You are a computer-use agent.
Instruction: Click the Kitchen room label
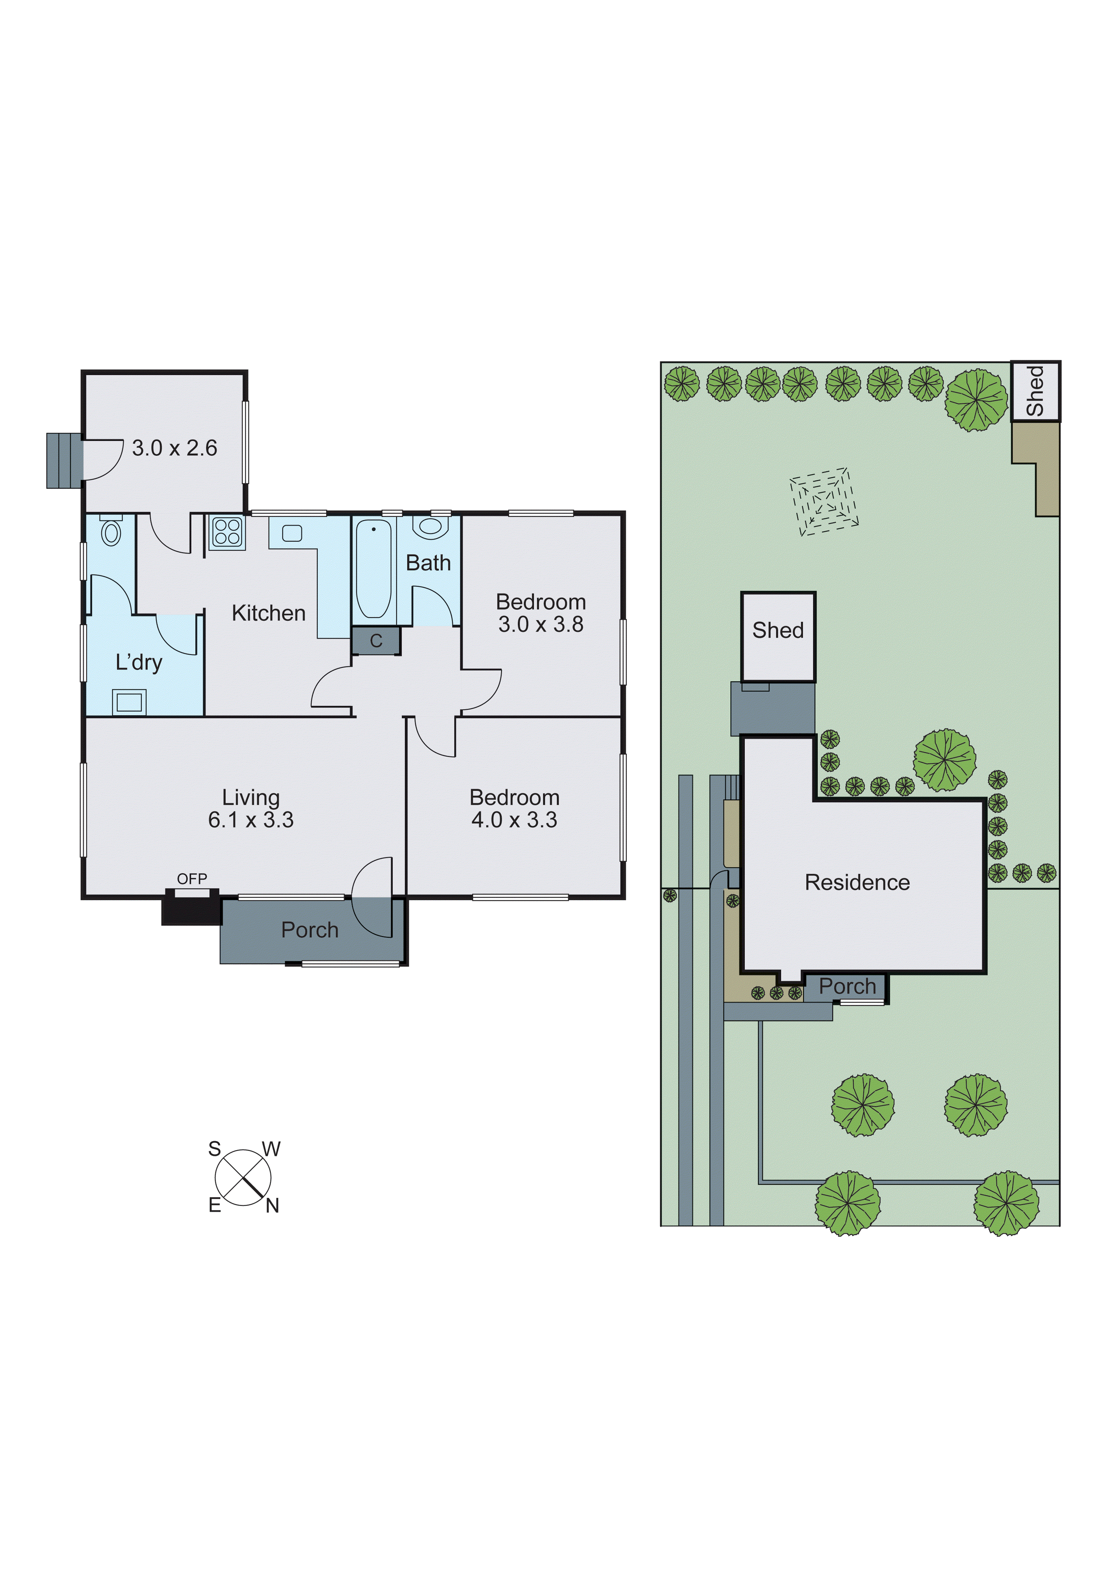coord(269,613)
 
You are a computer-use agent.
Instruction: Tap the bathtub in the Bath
coord(373,568)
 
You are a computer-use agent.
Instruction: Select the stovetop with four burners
coord(227,532)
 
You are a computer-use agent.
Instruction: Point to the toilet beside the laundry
coord(111,531)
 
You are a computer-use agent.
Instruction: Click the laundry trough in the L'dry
coord(129,702)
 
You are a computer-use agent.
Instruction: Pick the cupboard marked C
coord(375,641)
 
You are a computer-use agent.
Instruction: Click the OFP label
coord(192,878)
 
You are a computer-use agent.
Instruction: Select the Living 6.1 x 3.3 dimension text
coord(251,820)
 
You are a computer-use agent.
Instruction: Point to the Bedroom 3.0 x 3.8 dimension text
coord(540,624)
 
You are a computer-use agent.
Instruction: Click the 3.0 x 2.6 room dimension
coord(174,448)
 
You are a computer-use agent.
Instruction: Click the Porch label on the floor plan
coord(310,930)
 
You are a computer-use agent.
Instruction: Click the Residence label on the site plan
coord(857,883)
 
